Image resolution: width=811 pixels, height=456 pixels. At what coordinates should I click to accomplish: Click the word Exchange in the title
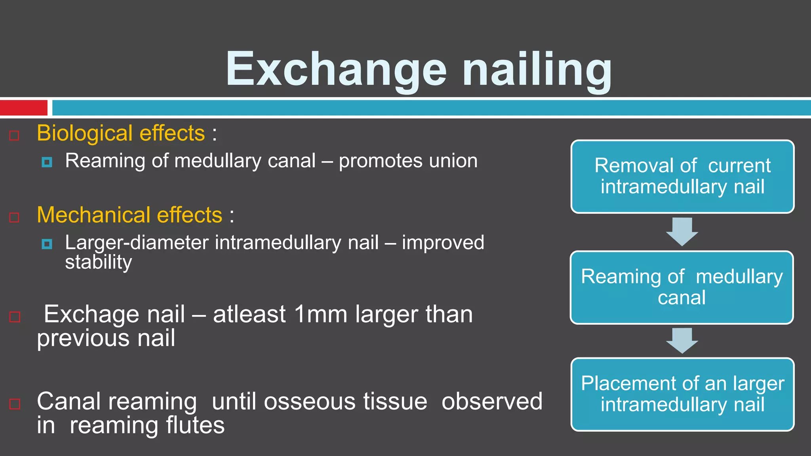tap(337, 69)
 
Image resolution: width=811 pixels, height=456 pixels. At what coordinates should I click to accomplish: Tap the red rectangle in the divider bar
tap(23, 108)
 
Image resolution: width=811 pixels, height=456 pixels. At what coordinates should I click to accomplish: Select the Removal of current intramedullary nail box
tap(682, 177)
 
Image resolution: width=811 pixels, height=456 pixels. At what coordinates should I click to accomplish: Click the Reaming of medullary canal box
tap(682, 287)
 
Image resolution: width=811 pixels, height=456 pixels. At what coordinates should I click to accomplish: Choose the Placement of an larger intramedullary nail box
tap(682, 394)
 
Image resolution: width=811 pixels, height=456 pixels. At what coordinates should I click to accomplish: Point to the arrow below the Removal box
tap(682, 231)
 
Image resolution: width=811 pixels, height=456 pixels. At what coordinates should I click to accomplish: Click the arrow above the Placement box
tap(682, 340)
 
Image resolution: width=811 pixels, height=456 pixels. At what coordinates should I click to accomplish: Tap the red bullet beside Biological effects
tap(14, 136)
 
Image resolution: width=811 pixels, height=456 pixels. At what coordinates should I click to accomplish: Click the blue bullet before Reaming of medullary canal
tap(47, 162)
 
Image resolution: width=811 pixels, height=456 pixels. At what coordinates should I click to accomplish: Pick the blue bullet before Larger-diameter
tap(47, 244)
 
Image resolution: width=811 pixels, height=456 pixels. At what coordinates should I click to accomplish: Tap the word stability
tap(98, 262)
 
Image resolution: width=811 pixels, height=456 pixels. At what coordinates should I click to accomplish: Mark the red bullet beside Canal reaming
tap(15, 404)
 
